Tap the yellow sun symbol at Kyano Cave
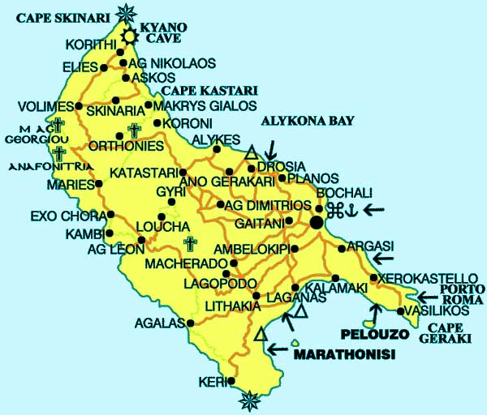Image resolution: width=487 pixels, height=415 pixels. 130,36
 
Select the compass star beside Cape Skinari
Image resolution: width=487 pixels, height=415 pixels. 126,12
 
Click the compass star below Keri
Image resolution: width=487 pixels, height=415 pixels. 250,399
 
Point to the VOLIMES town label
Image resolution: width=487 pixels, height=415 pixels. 47,105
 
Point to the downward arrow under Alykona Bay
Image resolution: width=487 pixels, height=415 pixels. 270,150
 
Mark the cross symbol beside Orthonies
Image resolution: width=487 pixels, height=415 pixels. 134,130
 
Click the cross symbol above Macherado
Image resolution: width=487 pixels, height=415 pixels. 190,244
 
